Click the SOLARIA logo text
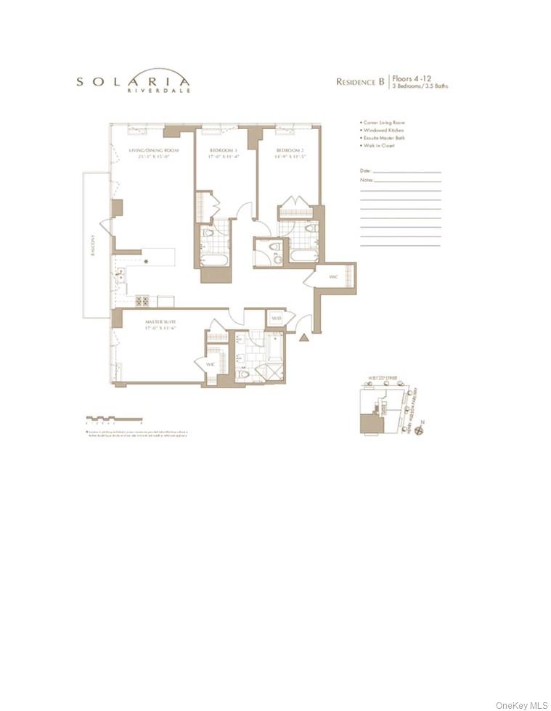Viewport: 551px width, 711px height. pos(134,81)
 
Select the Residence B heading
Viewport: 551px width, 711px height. pos(359,82)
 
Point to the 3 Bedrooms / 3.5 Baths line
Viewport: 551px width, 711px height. pos(420,86)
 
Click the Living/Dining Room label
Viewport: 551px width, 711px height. pos(153,150)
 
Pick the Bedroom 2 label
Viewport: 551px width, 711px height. pos(289,150)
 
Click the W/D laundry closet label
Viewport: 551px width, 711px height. pos(276,318)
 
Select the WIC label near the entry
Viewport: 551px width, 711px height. pos(332,276)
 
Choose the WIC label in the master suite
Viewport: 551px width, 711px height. pos(211,364)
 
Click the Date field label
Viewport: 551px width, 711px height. pos(366,171)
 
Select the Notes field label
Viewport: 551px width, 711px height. pos(367,179)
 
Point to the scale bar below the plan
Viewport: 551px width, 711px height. pos(113,418)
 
